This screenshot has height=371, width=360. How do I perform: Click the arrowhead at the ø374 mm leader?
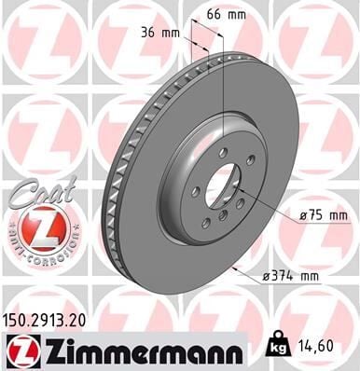(x=239, y=270)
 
